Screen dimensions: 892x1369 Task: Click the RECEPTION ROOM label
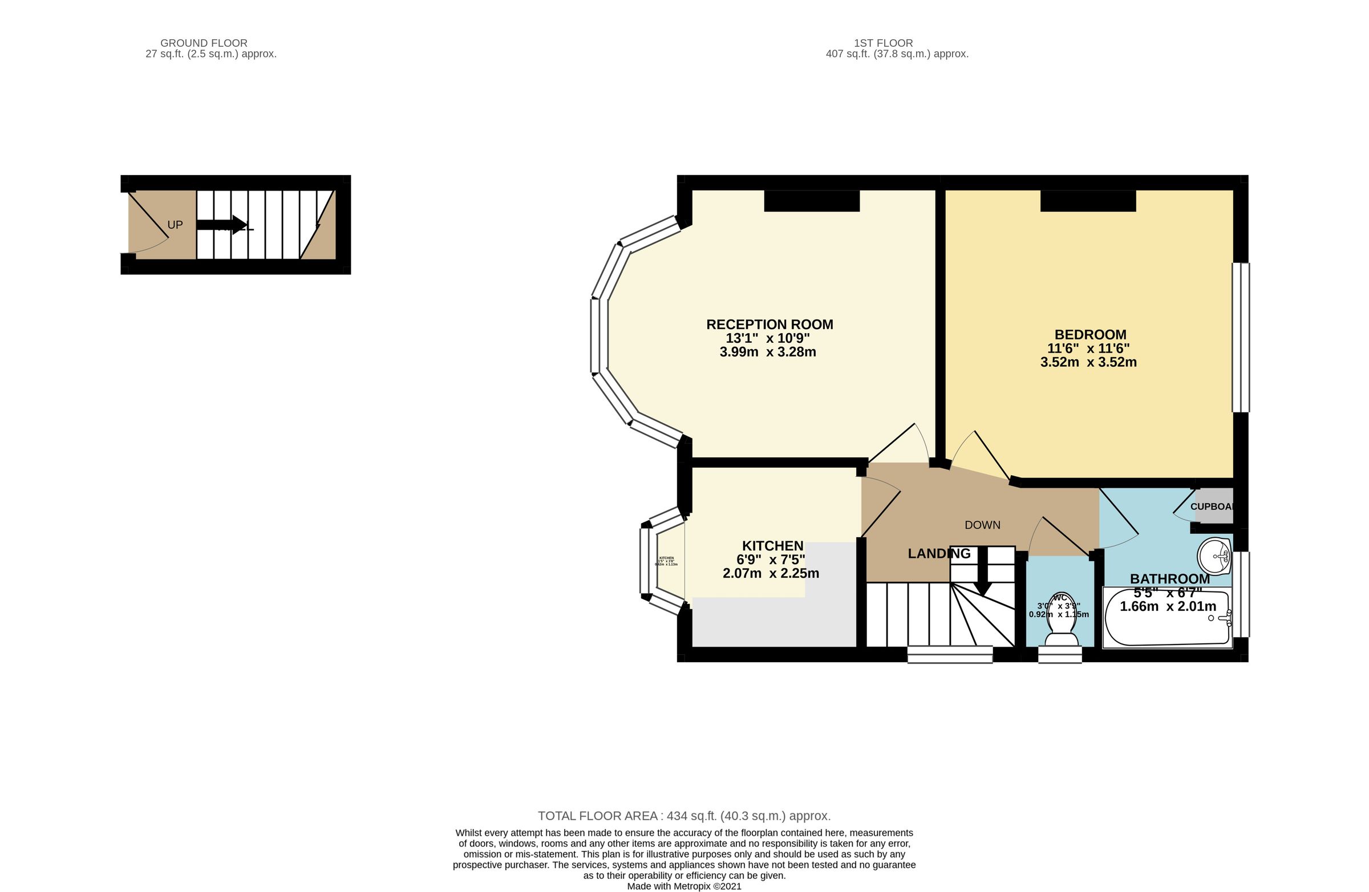[769, 325]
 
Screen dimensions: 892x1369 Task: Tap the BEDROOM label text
[1090, 335]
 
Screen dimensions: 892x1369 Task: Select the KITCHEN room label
[772, 546]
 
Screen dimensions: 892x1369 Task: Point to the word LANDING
[939, 554]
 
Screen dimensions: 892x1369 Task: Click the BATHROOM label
[1169, 579]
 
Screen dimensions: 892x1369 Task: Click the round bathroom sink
[1214, 556]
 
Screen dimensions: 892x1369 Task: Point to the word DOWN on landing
[982, 525]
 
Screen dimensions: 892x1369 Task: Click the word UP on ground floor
[175, 225]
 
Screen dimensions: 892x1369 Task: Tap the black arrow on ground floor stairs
[222, 225]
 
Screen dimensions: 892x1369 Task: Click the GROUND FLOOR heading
[204, 43]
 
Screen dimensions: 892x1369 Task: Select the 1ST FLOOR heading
[883, 43]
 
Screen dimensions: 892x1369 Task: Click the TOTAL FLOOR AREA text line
[684, 816]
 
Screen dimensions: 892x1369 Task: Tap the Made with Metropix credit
[684, 886]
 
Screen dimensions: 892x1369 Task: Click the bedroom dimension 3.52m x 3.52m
[1088, 362]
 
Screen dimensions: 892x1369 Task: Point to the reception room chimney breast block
[812, 201]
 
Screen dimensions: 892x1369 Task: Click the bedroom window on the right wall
[1240, 338]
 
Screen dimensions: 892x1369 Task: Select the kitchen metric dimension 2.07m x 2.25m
[771, 573]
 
